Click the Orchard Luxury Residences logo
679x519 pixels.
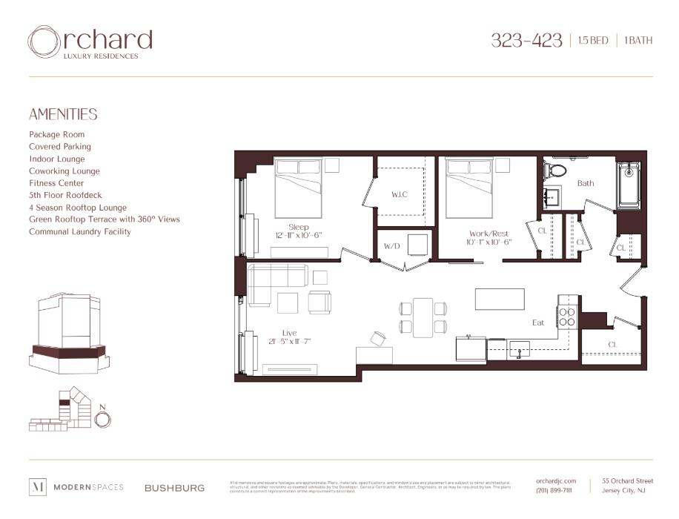90,42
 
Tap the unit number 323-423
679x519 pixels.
526,40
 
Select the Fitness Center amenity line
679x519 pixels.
56,183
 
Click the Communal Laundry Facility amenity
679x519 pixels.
80,232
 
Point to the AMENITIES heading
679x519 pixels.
63,115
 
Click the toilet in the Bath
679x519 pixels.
555,171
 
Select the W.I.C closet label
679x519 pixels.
400,195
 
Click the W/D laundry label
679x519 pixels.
392,245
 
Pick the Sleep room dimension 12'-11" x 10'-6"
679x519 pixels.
299,236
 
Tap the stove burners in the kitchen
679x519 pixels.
567,317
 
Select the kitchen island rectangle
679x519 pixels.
500,300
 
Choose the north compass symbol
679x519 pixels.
103,419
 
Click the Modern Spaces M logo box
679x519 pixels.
38,487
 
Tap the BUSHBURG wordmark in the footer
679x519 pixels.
174,488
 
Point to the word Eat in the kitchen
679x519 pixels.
539,323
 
